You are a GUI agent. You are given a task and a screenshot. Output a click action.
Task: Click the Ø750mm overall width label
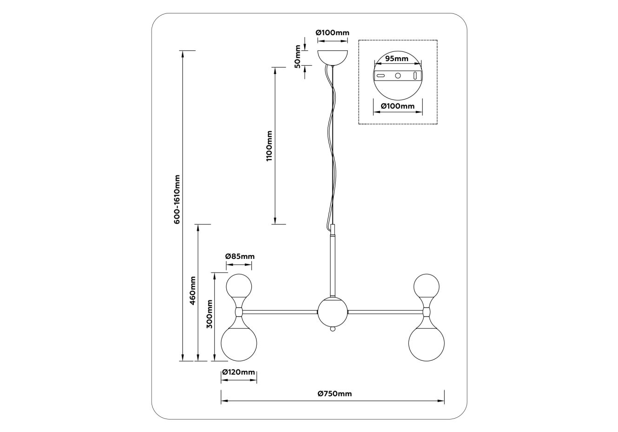click(335, 394)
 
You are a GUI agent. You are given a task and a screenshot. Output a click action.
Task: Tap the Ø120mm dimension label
click(238, 372)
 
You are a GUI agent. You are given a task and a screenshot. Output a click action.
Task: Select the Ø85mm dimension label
click(240, 257)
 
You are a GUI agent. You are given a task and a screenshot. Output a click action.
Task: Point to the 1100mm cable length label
click(269, 146)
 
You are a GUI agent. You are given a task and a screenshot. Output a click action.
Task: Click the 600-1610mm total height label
click(177, 200)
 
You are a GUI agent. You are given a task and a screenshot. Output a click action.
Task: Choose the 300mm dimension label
click(210, 314)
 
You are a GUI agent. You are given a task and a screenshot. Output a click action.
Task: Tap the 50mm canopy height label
click(298, 56)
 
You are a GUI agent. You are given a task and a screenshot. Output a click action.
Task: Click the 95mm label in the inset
click(397, 59)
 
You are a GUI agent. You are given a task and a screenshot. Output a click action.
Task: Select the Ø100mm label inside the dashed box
click(397, 106)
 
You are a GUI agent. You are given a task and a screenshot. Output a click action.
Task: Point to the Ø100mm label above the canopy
click(332, 33)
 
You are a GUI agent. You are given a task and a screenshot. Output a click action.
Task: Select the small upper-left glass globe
click(239, 286)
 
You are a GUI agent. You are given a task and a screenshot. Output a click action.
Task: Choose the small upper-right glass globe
click(427, 286)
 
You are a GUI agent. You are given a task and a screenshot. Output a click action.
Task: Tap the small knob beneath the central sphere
click(332, 330)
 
